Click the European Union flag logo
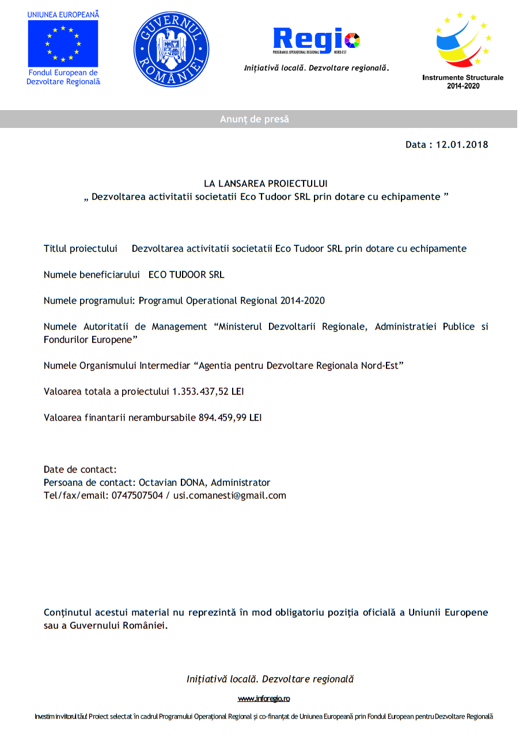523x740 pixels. (63, 43)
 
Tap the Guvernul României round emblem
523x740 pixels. (171, 50)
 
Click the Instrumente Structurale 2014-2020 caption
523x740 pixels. (463, 81)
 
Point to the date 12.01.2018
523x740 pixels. (462, 145)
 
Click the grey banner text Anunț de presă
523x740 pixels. (254, 119)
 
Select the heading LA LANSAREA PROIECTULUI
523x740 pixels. (266, 184)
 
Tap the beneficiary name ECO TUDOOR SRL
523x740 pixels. (186, 275)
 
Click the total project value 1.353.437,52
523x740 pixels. (200, 392)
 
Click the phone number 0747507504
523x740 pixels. (137, 496)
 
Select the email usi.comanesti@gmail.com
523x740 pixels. (230, 496)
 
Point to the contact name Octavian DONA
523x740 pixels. (173, 483)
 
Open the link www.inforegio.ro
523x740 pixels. (264, 699)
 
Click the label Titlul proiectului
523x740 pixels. (81, 249)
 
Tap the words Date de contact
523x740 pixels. (80, 470)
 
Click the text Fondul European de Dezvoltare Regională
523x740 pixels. (63, 77)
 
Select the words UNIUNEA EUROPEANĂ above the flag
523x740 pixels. (63, 14)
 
